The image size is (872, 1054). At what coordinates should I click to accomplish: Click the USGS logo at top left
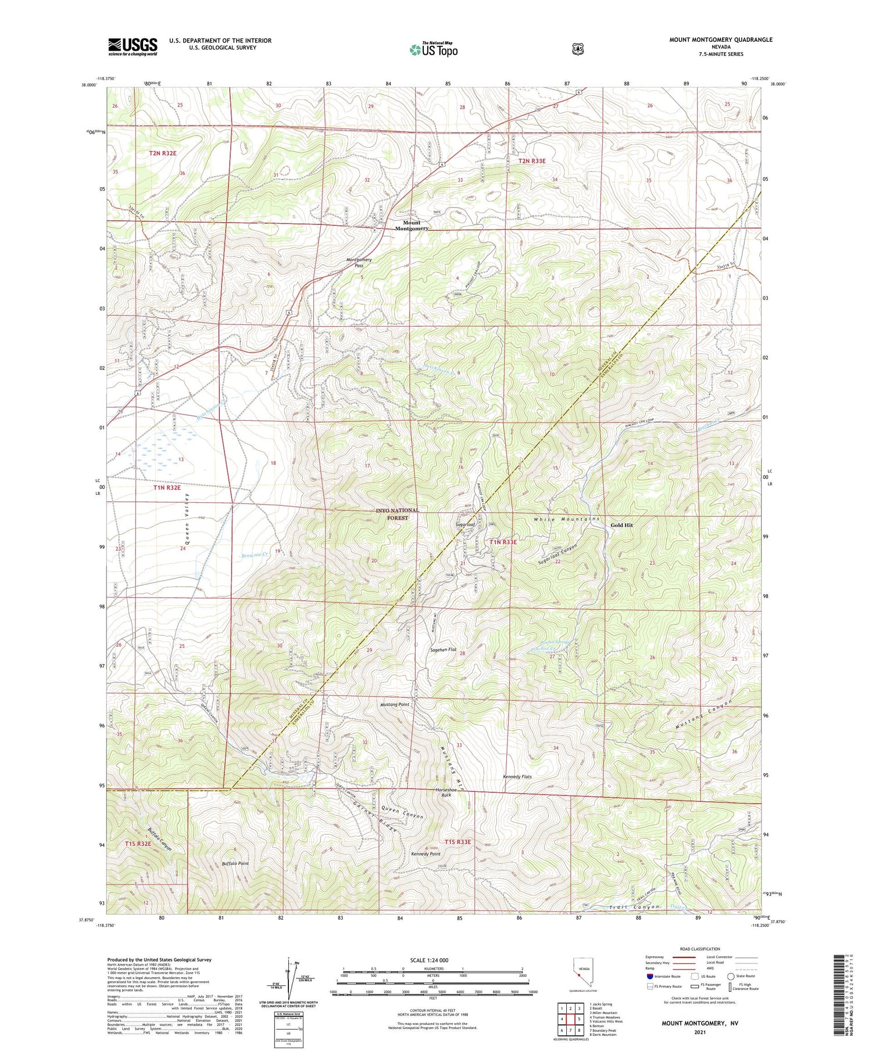tap(133, 47)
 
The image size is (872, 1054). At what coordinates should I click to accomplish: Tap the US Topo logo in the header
tap(434, 49)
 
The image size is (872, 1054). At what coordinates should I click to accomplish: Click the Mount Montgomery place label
tap(412, 226)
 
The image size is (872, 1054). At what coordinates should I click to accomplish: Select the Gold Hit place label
tap(621, 525)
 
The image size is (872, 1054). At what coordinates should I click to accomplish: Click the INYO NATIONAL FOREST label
tap(397, 514)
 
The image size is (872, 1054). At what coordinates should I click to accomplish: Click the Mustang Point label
tap(395, 704)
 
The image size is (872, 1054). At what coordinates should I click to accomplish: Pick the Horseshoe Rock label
tap(446, 792)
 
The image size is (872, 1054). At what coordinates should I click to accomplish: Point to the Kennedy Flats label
tap(517, 777)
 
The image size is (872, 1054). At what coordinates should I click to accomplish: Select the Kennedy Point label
tap(426, 854)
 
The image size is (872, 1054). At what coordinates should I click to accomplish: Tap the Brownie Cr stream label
tap(253, 555)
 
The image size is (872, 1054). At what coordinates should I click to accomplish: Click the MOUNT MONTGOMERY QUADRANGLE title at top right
tap(721, 40)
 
